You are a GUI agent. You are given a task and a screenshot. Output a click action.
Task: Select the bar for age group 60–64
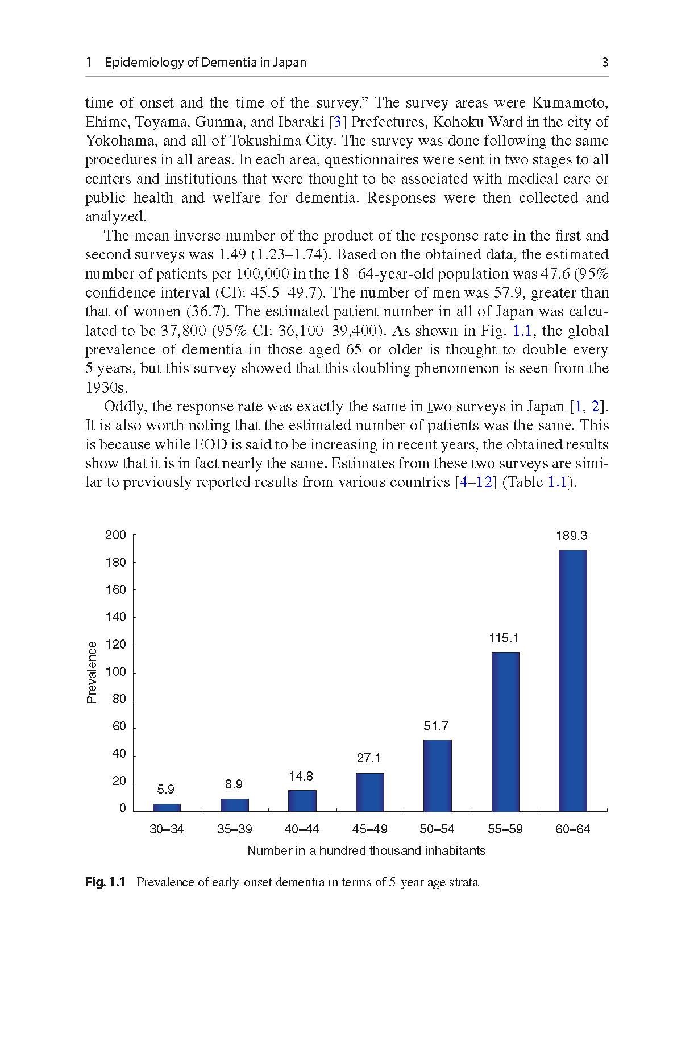(x=572, y=680)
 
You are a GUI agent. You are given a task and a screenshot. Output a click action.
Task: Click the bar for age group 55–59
(x=505, y=732)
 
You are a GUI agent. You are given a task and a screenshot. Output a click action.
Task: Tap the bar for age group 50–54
(x=437, y=775)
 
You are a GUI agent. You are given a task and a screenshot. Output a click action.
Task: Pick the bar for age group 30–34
(x=167, y=807)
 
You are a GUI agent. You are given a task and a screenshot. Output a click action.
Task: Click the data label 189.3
(x=571, y=535)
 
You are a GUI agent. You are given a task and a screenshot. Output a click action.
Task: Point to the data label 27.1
(x=369, y=758)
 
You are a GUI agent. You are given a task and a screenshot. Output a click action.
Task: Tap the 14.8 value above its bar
(x=301, y=776)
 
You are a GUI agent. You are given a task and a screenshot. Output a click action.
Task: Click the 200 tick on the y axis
(x=115, y=535)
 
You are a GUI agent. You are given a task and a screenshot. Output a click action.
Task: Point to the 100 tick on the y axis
(x=115, y=672)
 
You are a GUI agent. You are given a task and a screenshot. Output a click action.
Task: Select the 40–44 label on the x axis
(x=302, y=829)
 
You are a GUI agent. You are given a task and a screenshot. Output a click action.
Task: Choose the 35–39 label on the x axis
(x=234, y=829)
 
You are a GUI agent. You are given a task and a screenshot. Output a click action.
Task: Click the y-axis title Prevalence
(x=92, y=672)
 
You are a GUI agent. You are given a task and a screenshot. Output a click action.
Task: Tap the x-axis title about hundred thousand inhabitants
(x=366, y=850)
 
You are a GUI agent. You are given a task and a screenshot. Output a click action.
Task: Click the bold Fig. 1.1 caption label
(x=105, y=882)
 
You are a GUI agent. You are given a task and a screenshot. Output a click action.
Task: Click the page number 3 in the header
(x=605, y=62)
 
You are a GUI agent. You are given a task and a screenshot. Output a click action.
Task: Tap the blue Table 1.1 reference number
(x=557, y=482)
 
